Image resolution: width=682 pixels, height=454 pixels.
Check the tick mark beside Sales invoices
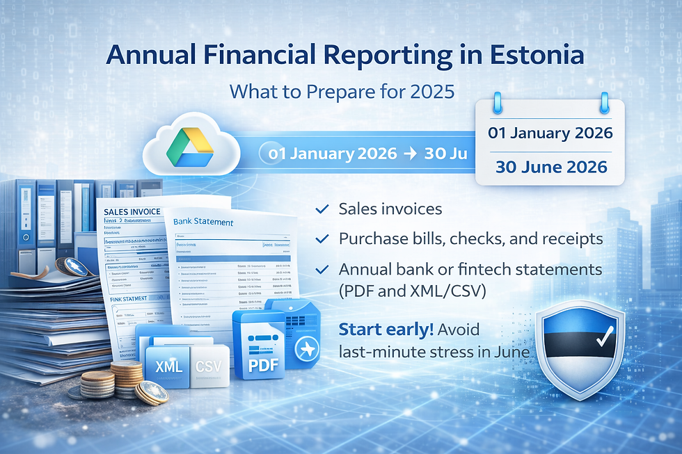[x=322, y=209]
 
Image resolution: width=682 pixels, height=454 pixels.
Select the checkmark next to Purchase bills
[x=322, y=238]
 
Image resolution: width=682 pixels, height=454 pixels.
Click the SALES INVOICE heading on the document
[x=131, y=211]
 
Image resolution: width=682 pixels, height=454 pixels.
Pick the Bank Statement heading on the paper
[x=203, y=222]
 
